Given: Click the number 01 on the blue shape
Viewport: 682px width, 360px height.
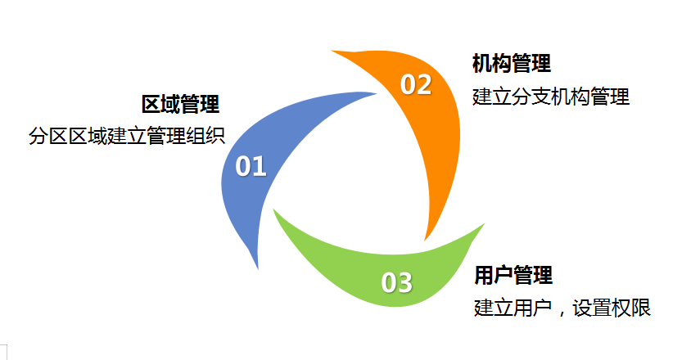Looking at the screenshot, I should (x=251, y=166).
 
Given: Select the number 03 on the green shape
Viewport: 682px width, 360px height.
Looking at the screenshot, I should (x=396, y=283).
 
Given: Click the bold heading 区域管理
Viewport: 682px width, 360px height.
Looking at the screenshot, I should (x=180, y=105).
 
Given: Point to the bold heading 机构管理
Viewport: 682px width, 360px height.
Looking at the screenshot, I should (x=511, y=63).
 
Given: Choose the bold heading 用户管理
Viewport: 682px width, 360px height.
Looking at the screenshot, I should (x=513, y=275).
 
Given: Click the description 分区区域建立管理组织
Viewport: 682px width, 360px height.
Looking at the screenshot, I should (x=126, y=136).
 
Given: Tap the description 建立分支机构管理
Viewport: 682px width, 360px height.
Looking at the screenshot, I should (x=550, y=97).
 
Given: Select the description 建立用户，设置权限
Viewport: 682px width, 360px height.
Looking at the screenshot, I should (x=562, y=309).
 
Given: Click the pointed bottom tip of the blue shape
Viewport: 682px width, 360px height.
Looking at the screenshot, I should (x=258, y=268).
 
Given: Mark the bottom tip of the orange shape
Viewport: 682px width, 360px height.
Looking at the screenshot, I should (x=425, y=239).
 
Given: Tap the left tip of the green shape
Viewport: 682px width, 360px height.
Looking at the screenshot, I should (x=274, y=211).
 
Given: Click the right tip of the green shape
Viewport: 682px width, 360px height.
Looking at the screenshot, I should (x=484, y=224).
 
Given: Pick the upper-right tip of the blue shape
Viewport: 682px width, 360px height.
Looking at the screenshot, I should (x=375, y=93).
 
